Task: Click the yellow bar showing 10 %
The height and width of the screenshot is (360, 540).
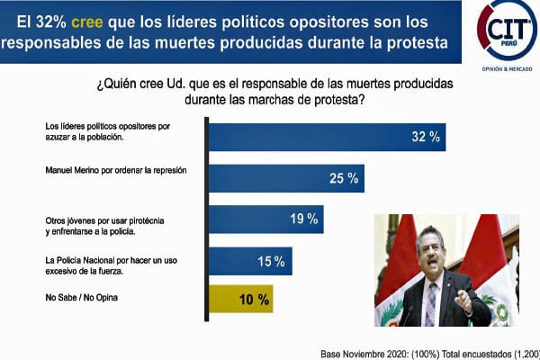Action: [x=240, y=299]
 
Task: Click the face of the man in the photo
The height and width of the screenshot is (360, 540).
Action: [x=433, y=251]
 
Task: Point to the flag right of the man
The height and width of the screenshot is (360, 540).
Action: [x=490, y=270]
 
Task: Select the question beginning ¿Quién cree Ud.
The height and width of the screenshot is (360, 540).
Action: [x=274, y=91]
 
